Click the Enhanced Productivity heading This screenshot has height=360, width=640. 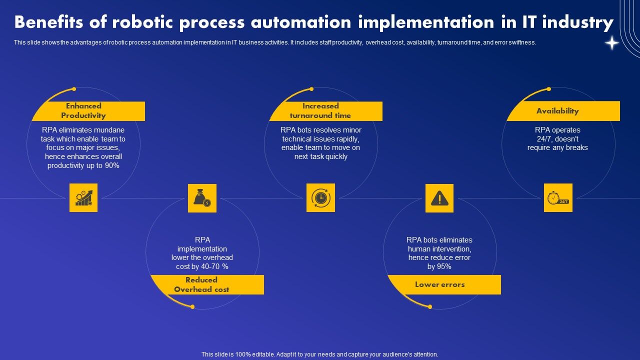coord(83,110)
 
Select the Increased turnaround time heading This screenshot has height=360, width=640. coord(320,110)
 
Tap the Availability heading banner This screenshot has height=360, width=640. coord(557,111)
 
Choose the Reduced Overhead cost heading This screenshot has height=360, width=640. coord(201,284)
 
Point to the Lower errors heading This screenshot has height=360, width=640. coord(440,284)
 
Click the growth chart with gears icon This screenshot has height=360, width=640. coord(83,197)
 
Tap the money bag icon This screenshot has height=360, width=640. coord(202,198)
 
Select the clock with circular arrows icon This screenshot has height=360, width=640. coord(320,197)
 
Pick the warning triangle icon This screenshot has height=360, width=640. coord(439,198)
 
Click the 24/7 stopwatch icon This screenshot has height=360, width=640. coord(558,197)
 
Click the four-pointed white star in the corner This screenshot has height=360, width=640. coord(612,43)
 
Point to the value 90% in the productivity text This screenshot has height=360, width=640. coord(112,165)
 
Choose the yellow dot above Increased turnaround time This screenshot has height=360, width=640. coord(311,89)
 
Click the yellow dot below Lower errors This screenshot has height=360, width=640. coord(430,306)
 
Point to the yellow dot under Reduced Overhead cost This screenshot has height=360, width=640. coord(192,306)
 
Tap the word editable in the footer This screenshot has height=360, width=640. coord(258,354)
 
